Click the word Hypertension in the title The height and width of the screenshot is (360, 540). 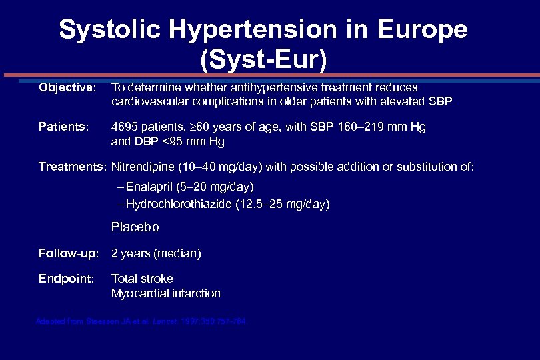259,29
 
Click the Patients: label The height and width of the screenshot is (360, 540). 63,127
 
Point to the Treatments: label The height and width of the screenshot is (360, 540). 73,167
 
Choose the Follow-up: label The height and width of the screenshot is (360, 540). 69,253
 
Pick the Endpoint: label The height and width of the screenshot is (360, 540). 66,279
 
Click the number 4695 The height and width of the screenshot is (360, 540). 125,127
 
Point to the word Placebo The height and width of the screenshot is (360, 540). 135,227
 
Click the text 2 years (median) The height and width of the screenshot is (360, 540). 156,253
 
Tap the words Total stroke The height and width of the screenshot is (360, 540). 142,279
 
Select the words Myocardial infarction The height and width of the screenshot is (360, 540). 165,293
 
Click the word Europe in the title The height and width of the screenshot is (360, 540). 422,29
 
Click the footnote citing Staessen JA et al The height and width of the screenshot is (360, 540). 140,321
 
